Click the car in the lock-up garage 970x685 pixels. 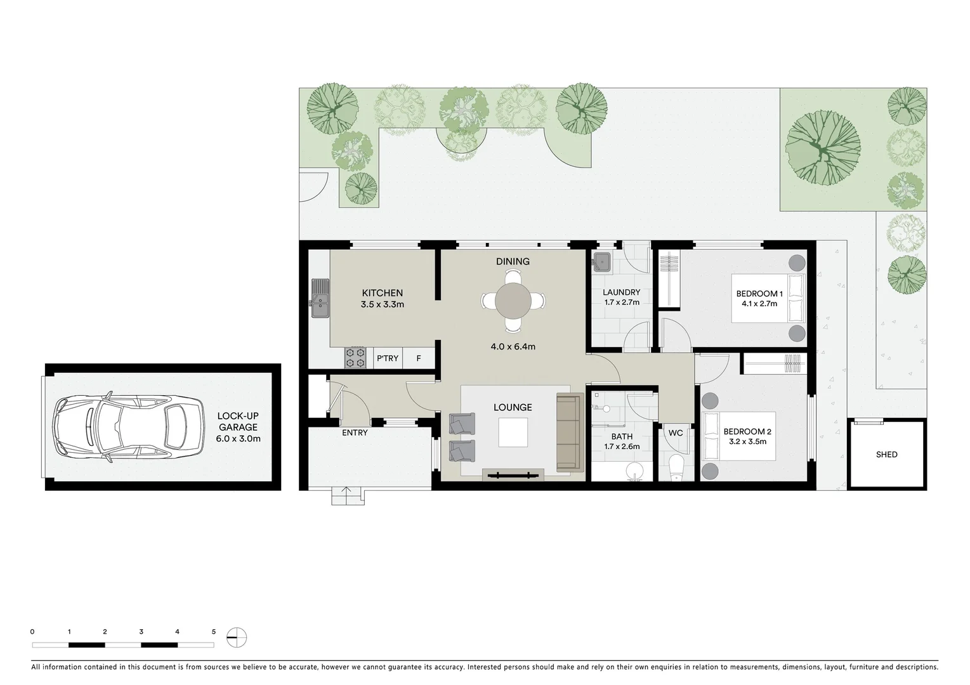click(121, 427)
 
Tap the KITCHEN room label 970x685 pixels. click(382, 293)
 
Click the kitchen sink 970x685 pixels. click(320, 298)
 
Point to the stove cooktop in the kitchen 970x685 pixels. click(355, 358)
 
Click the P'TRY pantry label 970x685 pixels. click(388, 358)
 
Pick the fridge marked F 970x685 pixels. click(419, 358)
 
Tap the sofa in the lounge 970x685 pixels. click(569, 433)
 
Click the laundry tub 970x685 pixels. click(601, 261)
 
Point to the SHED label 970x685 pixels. click(886, 455)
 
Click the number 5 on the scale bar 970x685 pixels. click(214, 632)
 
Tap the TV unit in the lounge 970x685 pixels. click(513, 474)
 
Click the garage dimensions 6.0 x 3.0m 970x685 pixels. click(238, 438)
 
